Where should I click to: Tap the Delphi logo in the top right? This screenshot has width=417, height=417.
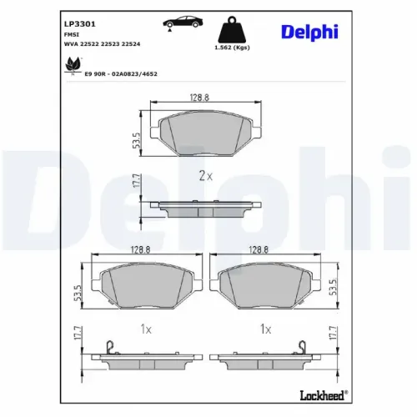pos(309,31)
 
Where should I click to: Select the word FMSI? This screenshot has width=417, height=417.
pos(72,36)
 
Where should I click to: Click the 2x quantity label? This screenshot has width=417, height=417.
pos(204,175)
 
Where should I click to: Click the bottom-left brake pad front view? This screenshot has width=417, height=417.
pos(146,285)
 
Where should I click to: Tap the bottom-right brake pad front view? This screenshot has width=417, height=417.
pos(264,285)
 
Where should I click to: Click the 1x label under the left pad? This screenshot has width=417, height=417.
pos(146,329)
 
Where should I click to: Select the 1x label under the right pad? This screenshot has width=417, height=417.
pos(264,329)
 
